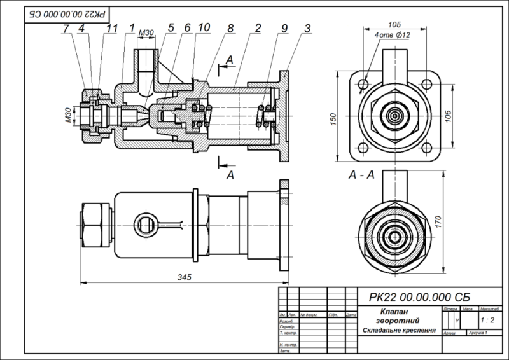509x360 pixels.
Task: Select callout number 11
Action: click(x=112, y=29)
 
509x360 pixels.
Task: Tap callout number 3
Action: click(x=307, y=29)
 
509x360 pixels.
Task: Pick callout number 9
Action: click(x=284, y=29)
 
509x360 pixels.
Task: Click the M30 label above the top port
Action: click(x=146, y=32)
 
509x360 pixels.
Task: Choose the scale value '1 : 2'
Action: click(x=489, y=320)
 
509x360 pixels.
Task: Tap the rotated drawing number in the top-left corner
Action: click(x=67, y=12)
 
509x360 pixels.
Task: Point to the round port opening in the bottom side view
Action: click(x=144, y=223)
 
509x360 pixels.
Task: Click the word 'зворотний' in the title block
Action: click(x=394, y=321)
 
